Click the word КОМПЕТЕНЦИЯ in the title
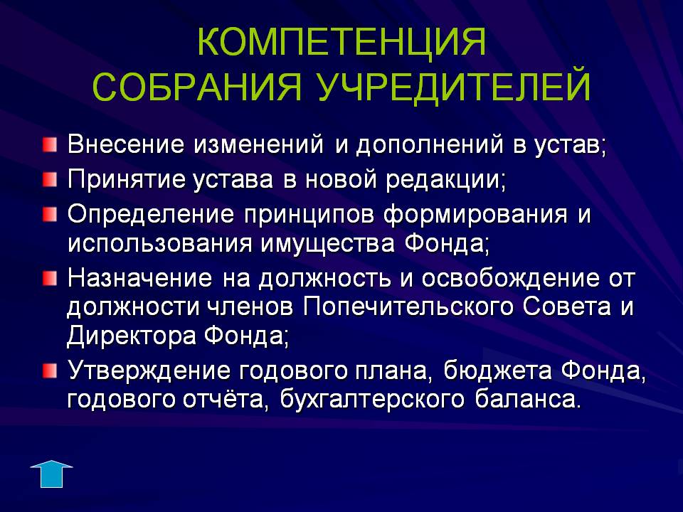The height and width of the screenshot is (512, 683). click(x=341, y=42)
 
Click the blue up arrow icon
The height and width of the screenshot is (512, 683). click(x=51, y=474)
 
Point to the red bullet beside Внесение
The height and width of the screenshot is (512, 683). click(x=50, y=145)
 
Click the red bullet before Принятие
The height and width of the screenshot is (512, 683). click(x=50, y=179)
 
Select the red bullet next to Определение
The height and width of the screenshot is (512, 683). click(x=50, y=214)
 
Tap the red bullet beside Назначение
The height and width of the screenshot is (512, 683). click(x=50, y=278)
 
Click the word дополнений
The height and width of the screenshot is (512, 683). click(x=430, y=145)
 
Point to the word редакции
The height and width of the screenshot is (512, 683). click(x=447, y=180)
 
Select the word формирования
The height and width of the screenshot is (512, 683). click(x=476, y=215)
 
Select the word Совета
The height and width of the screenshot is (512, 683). click(x=567, y=308)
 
